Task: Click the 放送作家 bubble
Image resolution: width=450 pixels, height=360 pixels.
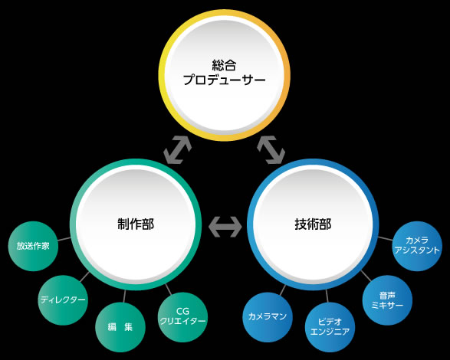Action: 33,246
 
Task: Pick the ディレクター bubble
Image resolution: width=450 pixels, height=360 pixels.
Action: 63,300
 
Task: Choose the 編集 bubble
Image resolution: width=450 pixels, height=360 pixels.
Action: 120,327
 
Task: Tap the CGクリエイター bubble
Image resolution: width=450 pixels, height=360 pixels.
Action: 182,316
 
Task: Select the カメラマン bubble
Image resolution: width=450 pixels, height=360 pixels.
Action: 268,317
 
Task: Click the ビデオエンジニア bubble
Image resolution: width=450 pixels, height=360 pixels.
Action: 330,327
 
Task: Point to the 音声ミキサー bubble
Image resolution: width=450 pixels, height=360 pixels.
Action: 387,300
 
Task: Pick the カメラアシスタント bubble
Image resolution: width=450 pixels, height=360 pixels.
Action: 417,246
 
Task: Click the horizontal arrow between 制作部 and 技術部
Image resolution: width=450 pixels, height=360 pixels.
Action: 225,227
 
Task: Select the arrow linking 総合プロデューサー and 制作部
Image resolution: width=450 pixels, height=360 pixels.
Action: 177,150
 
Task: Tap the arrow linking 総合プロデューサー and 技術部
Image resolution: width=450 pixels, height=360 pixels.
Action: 271,150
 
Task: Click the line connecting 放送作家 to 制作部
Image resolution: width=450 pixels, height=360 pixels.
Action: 64,239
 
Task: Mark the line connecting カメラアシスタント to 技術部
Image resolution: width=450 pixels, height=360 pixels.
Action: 386,239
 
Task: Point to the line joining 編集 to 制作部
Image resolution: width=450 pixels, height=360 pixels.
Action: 124,296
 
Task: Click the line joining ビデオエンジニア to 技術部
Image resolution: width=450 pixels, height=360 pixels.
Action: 327,296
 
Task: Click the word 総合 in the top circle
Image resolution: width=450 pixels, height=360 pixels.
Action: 224,65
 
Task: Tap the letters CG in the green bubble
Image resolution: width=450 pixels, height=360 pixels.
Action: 182,311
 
